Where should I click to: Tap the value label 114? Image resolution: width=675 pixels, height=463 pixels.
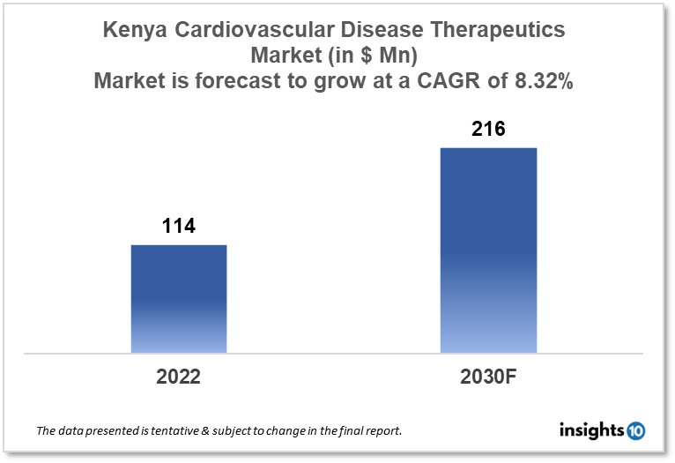pos(179,227)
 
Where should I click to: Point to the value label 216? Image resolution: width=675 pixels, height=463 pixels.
pos(488,130)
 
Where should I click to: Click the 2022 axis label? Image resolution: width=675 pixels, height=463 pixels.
pos(179,377)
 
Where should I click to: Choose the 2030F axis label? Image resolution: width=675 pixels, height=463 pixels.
pos(488,377)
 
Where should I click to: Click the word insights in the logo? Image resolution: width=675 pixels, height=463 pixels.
pos(591,430)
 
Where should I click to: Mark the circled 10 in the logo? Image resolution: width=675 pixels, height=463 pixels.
pos(635,430)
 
